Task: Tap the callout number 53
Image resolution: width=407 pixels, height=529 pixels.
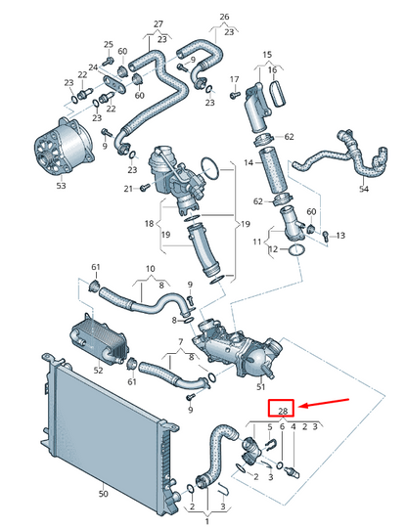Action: pyautogui.click(x=61, y=185)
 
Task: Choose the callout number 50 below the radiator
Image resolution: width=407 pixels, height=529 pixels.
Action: pyautogui.click(x=104, y=496)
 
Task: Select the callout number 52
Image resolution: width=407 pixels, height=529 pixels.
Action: pyautogui.click(x=98, y=371)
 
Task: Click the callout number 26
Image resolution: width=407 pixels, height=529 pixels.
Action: pyautogui.click(x=225, y=18)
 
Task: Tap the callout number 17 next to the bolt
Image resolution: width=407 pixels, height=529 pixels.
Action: pyautogui.click(x=234, y=79)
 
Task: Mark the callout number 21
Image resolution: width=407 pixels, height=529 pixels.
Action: pyautogui.click(x=127, y=188)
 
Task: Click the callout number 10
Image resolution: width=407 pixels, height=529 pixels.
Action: pyautogui.click(x=151, y=269)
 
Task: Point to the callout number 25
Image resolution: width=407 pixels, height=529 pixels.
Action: pyautogui.click(x=109, y=45)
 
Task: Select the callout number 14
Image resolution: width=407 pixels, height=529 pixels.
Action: pyautogui.click(x=248, y=162)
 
